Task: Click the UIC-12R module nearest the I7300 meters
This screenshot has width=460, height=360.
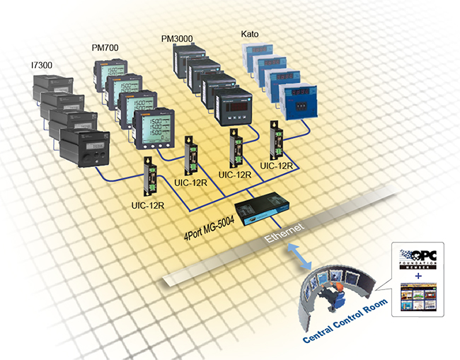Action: pyautogui.click(x=151, y=177)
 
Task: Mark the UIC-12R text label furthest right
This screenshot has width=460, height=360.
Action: pyautogui.click(x=278, y=166)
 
